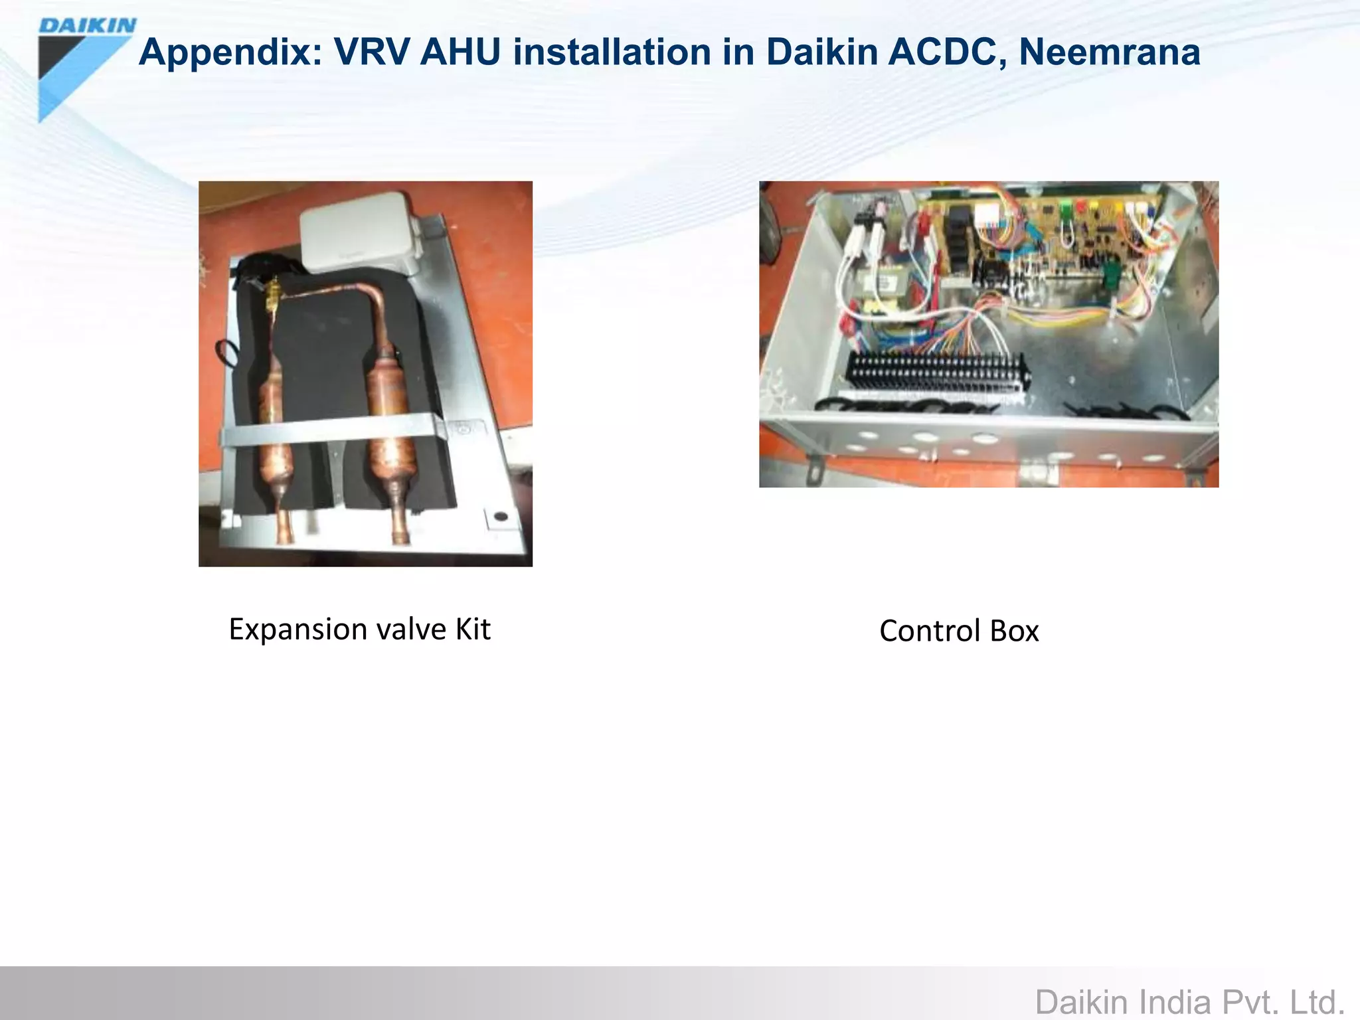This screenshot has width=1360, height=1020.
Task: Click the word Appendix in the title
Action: click(x=230, y=52)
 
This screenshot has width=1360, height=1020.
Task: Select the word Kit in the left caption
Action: click(x=472, y=629)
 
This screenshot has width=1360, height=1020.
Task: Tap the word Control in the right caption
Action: click(x=930, y=631)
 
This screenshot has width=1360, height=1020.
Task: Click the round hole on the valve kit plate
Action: click(x=502, y=516)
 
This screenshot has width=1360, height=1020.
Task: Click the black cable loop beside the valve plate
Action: click(x=226, y=352)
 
